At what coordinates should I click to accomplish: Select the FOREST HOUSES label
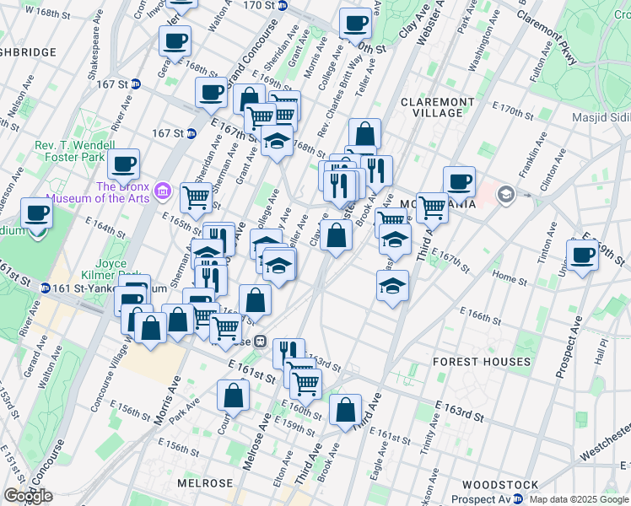pyautogui.click(x=481, y=362)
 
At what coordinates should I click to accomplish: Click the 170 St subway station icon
pyautogui.click(x=283, y=5)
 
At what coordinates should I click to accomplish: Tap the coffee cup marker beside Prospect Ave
pyautogui.click(x=582, y=255)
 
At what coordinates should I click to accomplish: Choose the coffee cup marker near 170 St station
pyautogui.click(x=355, y=23)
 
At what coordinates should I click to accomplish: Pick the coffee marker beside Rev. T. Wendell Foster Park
pyautogui.click(x=123, y=164)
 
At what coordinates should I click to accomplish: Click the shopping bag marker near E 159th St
pyautogui.click(x=345, y=411)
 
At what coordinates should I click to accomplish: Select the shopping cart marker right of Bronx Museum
pyautogui.click(x=196, y=197)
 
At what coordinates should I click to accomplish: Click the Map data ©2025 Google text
pyautogui.click(x=579, y=499)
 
